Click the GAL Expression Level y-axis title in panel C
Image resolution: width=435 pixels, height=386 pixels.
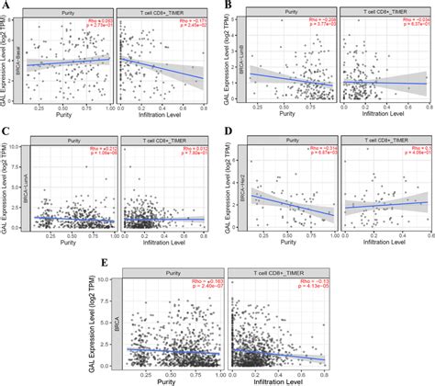[x=8, y=184]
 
